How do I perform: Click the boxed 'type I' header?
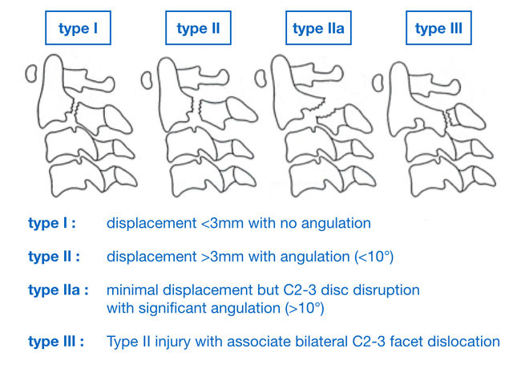pyautogui.click(x=79, y=29)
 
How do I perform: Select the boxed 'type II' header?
pyautogui.click(x=197, y=29)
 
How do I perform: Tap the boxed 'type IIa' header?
pyautogui.click(x=319, y=29)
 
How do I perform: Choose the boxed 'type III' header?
pyautogui.click(x=438, y=29)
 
